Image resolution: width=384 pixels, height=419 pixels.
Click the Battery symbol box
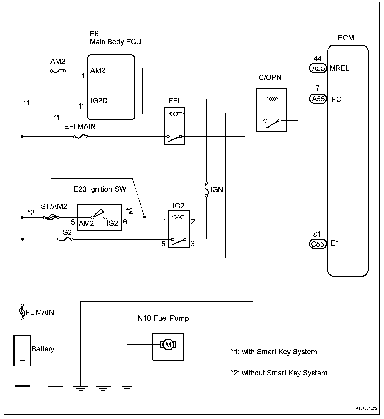coord(22,351)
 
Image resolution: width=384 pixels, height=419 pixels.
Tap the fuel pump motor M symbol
coord(168,344)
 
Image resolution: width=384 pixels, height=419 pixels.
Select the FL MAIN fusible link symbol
coord(22,312)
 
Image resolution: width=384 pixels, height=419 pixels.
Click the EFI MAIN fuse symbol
coord(81,137)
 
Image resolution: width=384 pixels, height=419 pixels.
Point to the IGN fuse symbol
coord(207,189)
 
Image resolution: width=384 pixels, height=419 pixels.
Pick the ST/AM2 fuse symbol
coord(51,217)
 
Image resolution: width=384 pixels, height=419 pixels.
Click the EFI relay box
coord(174,126)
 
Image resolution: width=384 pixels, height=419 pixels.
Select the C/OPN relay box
coord(271,110)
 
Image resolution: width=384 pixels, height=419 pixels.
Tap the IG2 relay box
coord(179,229)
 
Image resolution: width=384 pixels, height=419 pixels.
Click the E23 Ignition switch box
coord(99,217)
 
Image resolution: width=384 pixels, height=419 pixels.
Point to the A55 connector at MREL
coord(318,68)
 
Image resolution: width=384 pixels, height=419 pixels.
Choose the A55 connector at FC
coord(318,99)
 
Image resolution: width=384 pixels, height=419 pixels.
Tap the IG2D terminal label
coord(99,101)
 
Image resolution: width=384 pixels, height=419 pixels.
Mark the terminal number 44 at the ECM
coord(318,59)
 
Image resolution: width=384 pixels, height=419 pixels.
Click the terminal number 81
coord(317,234)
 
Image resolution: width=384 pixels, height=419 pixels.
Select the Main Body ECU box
coord(111,87)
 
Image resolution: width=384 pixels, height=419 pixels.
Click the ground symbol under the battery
coord(22,388)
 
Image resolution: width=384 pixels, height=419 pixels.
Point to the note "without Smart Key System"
coord(279,373)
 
